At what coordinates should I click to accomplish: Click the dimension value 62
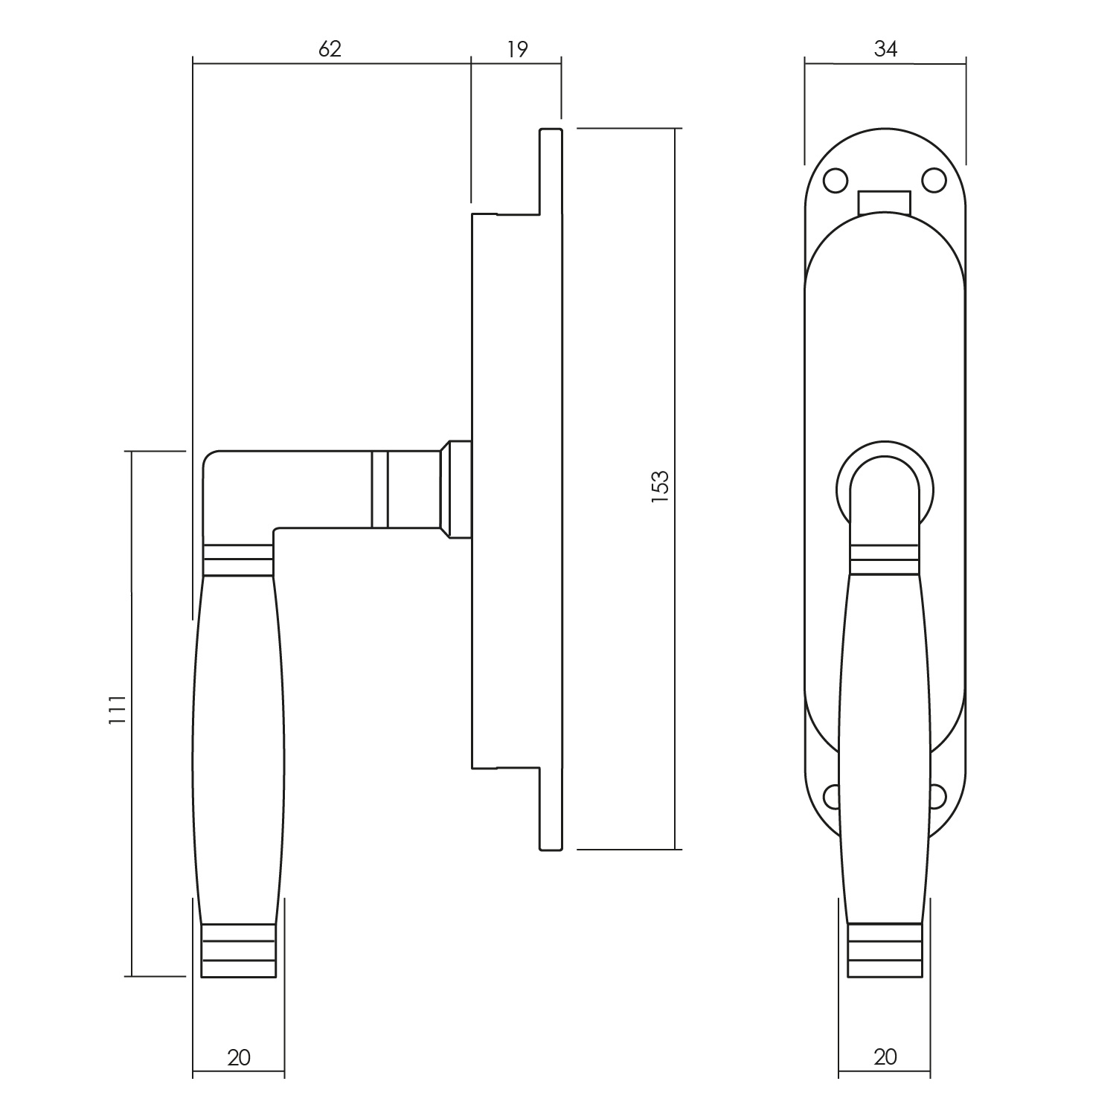pos(330,49)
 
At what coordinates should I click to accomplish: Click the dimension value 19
pos(517,49)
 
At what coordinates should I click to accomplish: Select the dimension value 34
pos(885,49)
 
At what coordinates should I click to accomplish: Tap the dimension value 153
pos(660,487)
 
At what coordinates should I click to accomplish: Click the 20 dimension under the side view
pos(239,1057)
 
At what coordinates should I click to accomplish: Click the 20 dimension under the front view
pos(885,1057)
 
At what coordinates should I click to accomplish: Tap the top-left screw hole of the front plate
pos(836,179)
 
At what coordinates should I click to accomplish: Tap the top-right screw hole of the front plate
pos(934,179)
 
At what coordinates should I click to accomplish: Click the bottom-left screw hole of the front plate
pos(831,797)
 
